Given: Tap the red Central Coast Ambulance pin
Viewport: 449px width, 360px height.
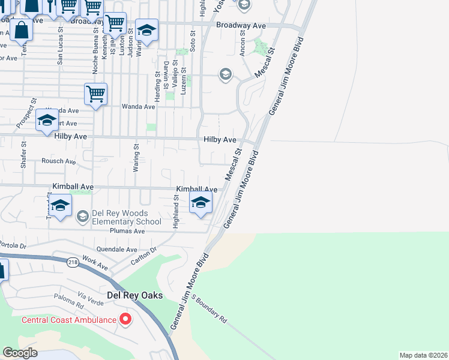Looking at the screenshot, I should (x=125, y=319).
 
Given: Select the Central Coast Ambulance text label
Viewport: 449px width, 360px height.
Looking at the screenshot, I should (x=69, y=320).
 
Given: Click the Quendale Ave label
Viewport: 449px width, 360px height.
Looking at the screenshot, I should (x=117, y=249).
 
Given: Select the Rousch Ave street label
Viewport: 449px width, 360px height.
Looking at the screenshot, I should (x=58, y=161).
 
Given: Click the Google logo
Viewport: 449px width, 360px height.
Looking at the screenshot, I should (x=20, y=353).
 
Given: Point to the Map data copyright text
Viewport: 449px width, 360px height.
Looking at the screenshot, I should (x=424, y=355).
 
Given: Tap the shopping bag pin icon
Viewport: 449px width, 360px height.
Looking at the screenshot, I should (x=21, y=29).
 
